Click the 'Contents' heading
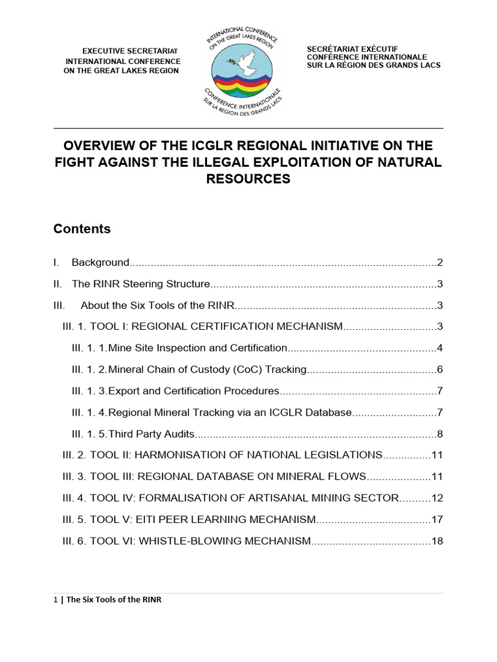(x=82, y=229)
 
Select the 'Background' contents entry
(x=100, y=262)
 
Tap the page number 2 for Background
(x=439, y=262)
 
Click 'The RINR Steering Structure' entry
(x=141, y=284)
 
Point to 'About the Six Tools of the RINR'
(x=157, y=305)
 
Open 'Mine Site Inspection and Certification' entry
(x=197, y=348)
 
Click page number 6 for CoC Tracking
(x=439, y=370)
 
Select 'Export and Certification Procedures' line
(x=193, y=391)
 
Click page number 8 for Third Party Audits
(x=439, y=434)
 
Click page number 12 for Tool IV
(x=437, y=498)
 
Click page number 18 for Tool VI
(x=437, y=540)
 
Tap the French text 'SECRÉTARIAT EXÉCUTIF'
(x=353, y=49)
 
